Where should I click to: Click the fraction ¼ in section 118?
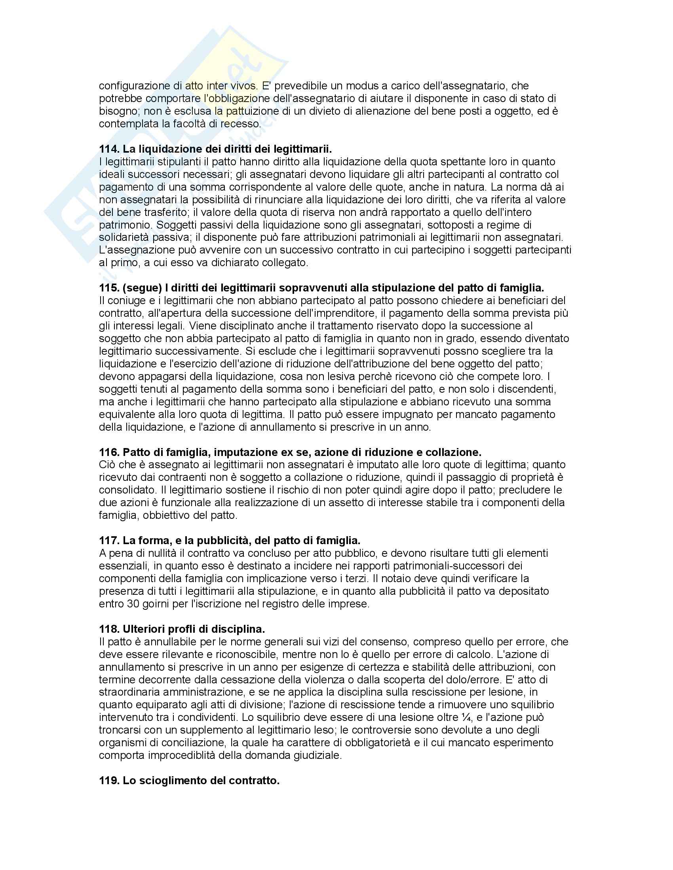[x=464, y=717]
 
